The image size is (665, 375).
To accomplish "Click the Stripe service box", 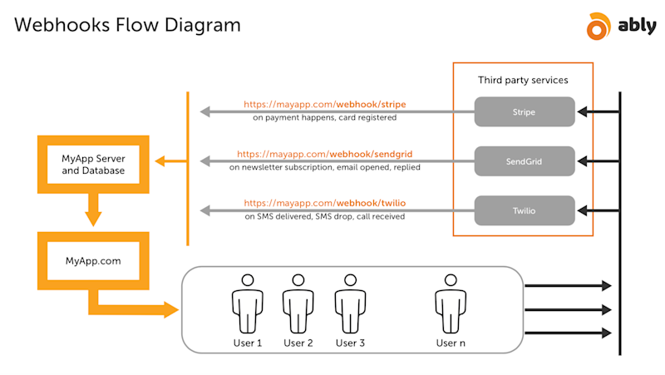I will click(x=525, y=111).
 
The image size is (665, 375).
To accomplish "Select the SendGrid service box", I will click(x=525, y=161).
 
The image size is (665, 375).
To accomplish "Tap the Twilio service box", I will click(x=525, y=210).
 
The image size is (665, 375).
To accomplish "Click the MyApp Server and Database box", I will click(x=93, y=165).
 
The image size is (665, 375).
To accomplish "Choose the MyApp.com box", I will click(x=93, y=260).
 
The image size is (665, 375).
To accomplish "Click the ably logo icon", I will click(x=598, y=27).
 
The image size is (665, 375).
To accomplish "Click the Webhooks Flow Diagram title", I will click(x=127, y=26).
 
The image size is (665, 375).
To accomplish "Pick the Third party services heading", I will click(x=523, y=80).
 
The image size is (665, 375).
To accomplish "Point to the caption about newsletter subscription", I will click(x=324, y=167).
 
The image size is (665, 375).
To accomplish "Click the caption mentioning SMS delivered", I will click(x=324, y=216).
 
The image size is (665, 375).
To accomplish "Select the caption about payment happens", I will click(x=324, y=118).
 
